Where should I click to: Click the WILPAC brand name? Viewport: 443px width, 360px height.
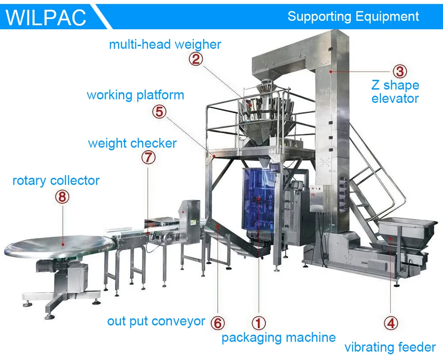(x=46, y=17)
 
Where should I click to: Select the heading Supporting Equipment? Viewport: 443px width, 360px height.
(x=353, y=16)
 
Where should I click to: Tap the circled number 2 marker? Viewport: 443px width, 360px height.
(x=196, y=59)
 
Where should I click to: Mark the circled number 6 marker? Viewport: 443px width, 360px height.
(x=217, y=323)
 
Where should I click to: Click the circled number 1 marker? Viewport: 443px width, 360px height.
(x=259, y=323)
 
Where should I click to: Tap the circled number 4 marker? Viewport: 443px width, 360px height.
(x=390, y=323)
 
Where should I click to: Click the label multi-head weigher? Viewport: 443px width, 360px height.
(x=165, y=44)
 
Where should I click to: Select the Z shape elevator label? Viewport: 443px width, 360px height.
(x=395, y=91)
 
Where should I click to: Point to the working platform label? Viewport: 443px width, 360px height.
(x=135, y=95)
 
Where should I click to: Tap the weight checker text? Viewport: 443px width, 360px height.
(x=132, y=143)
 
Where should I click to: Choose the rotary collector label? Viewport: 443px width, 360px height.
(x=56, y=180)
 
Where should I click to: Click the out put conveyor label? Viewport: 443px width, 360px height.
(x=156, y=321)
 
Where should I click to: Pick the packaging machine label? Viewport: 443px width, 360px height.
(x=278, y=337)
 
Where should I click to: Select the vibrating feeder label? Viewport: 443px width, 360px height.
(x=390, y=347)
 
